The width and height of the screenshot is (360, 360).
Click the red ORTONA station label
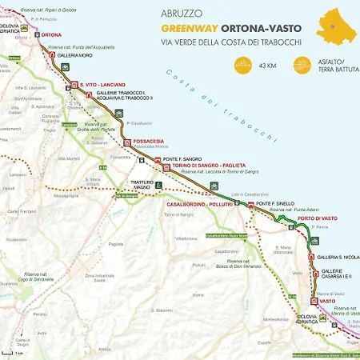point(51,35)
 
